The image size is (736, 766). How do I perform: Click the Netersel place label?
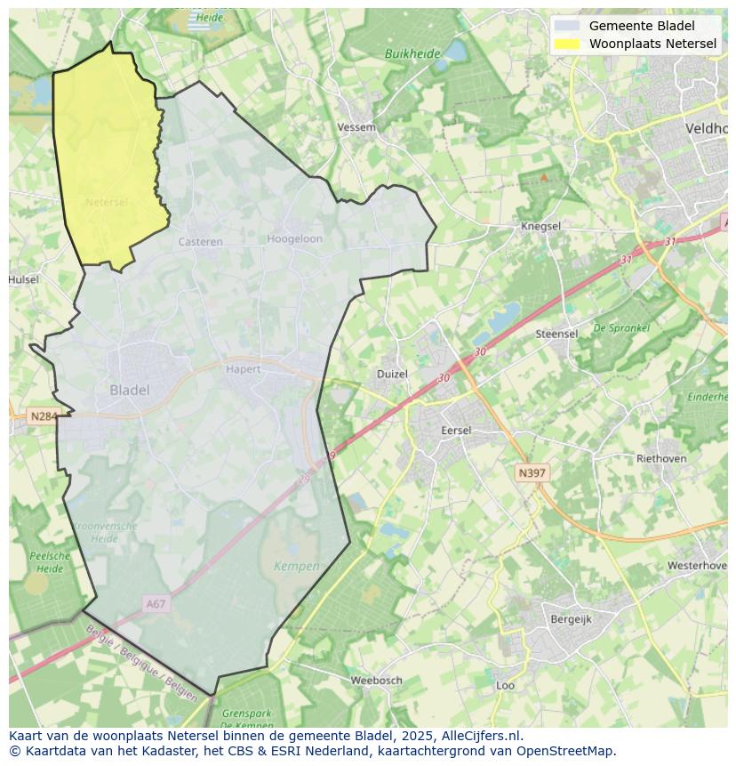click(x=107, y=202)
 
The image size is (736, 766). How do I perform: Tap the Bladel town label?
click(x=130, y=390)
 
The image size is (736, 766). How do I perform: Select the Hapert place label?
click(x=243, y=369)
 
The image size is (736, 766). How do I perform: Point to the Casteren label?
click(x=200, y=241)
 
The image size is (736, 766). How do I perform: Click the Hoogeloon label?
click(x=295, y=238)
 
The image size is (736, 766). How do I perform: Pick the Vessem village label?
click(x=356, y=127)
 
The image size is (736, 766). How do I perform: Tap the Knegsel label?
click(x=540, y=226)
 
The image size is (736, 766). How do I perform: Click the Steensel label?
click(x=556, y=334)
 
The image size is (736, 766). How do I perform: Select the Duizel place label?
click(x=392, y=374)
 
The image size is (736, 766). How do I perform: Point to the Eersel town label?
click(x=456, y=430)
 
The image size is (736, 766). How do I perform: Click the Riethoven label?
click(x=661, y=458)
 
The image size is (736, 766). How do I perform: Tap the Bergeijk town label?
click(x=571, y=619)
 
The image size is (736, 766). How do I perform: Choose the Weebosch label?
click(x=376, y=680)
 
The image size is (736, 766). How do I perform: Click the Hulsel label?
click(x=24, y=279)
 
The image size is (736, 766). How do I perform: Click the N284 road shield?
click(x=42, y=415)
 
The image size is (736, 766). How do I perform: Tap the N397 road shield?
click(x=532, y=473)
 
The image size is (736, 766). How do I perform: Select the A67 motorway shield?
click(x=156, y=604)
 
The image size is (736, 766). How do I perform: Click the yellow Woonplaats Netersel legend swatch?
click(x=566, y=44)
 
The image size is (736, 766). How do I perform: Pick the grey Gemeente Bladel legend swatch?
click(x=566, y=26)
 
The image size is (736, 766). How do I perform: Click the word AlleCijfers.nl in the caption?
click(x=482, y=736)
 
